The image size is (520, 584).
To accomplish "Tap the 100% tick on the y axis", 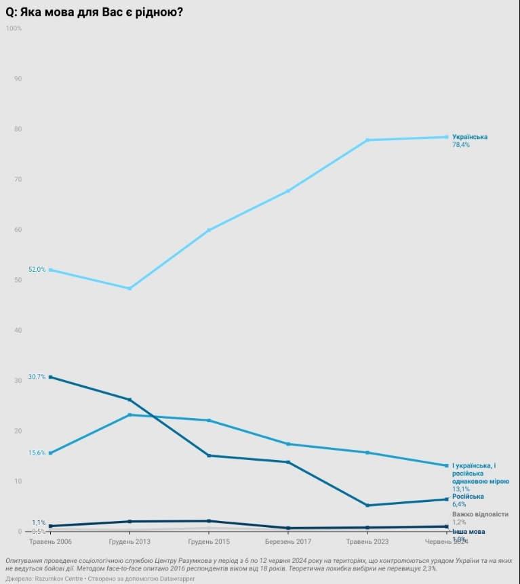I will tap(14, 28).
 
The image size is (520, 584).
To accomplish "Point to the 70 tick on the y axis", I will tap(18, 180).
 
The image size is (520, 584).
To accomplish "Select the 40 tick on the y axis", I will tap(18, 331).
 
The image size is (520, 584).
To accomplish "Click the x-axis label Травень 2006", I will tap(49, 542).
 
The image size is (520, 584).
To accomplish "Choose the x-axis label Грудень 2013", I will tap(129, 542).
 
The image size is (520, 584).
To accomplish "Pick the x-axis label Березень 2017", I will tap(288, 542).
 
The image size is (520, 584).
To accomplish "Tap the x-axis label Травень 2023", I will tap(367, 542).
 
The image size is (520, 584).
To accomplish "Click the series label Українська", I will tap(470, 137).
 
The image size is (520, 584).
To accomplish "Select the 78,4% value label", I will tap(461, 145).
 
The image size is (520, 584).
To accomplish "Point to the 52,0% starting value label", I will tap(37, 270).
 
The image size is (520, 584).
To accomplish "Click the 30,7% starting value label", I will tap(37, 377).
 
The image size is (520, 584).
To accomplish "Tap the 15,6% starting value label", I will tap(37, 453).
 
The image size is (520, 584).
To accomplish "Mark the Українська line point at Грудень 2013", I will tap(129, 289).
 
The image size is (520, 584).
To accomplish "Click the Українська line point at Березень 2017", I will tap(288, 191).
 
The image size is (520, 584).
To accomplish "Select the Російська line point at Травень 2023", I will tap(367, 505).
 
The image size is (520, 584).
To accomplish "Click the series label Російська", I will tap(468, 497).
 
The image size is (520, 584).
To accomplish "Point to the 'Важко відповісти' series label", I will tap(479, 514).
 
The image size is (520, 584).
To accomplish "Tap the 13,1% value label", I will tap(461, 488).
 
